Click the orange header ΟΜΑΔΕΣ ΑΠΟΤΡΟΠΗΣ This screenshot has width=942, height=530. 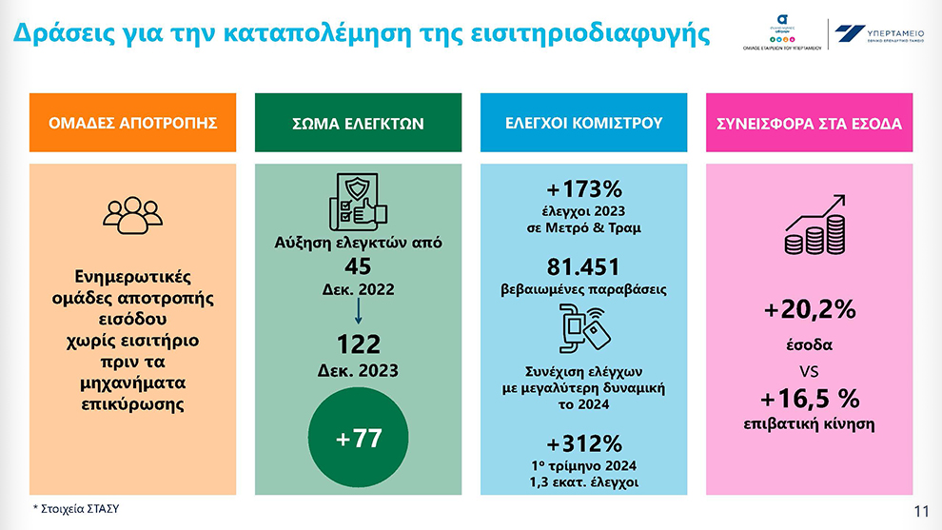click(x=133, y=123)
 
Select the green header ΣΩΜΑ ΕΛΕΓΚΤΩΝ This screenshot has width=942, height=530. click(x=358, y=123)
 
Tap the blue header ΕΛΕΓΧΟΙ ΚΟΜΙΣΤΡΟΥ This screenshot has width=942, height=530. click(x=583, y=123)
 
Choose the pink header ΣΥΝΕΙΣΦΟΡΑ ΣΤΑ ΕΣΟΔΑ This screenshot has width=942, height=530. click(x=808, y=123)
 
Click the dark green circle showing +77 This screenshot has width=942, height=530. click(x=359, y=439)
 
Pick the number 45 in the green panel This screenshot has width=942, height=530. click(x=358, y=266)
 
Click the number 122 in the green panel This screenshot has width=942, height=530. click(x=358, y=344)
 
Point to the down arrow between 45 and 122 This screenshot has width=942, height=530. click(x=358, y=309)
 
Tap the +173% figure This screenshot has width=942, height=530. click(x=583, y=186)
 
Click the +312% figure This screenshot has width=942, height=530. click(x=583, y=442)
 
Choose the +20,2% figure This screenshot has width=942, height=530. click(x=809, y=310)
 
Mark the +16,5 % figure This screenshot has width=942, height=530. click(x=809, y=398)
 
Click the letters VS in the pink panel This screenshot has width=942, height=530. click(x=809, y=369)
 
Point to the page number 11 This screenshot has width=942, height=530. click(x=920, y=511)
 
